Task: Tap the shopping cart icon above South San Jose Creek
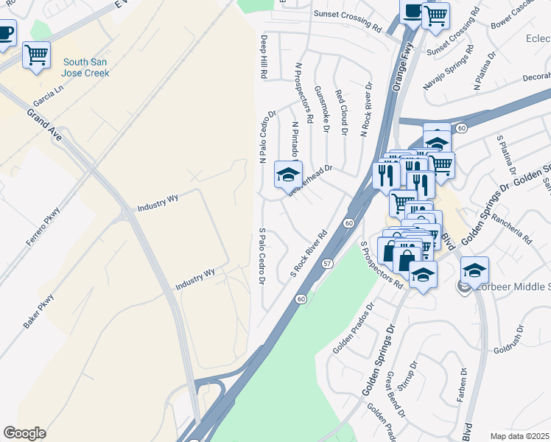click(36, 55)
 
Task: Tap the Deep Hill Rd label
click(262, 57)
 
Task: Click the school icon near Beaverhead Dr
click(288, 175)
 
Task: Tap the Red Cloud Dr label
click(341, 113)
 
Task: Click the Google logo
click(24, 432)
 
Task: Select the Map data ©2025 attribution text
click(519, 436)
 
